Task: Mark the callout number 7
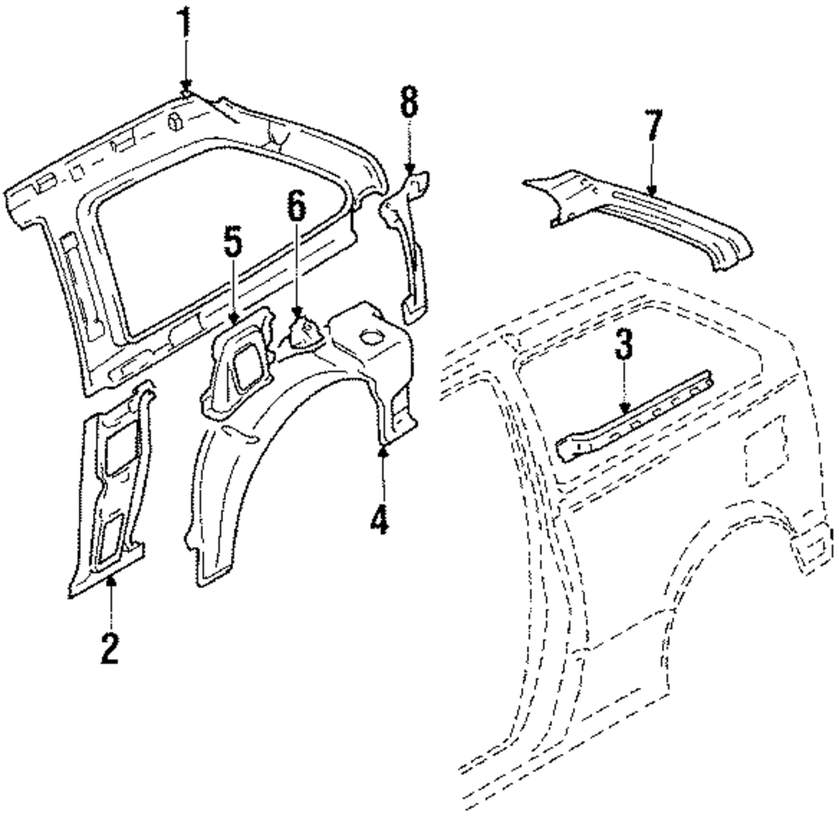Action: [654, 131]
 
